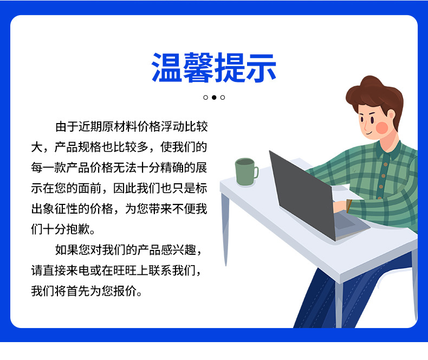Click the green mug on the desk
click(245, 172)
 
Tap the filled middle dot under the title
click(214, 98)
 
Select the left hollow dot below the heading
click(205, 98)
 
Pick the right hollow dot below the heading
click(223, 98)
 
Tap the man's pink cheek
click(382, 127)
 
